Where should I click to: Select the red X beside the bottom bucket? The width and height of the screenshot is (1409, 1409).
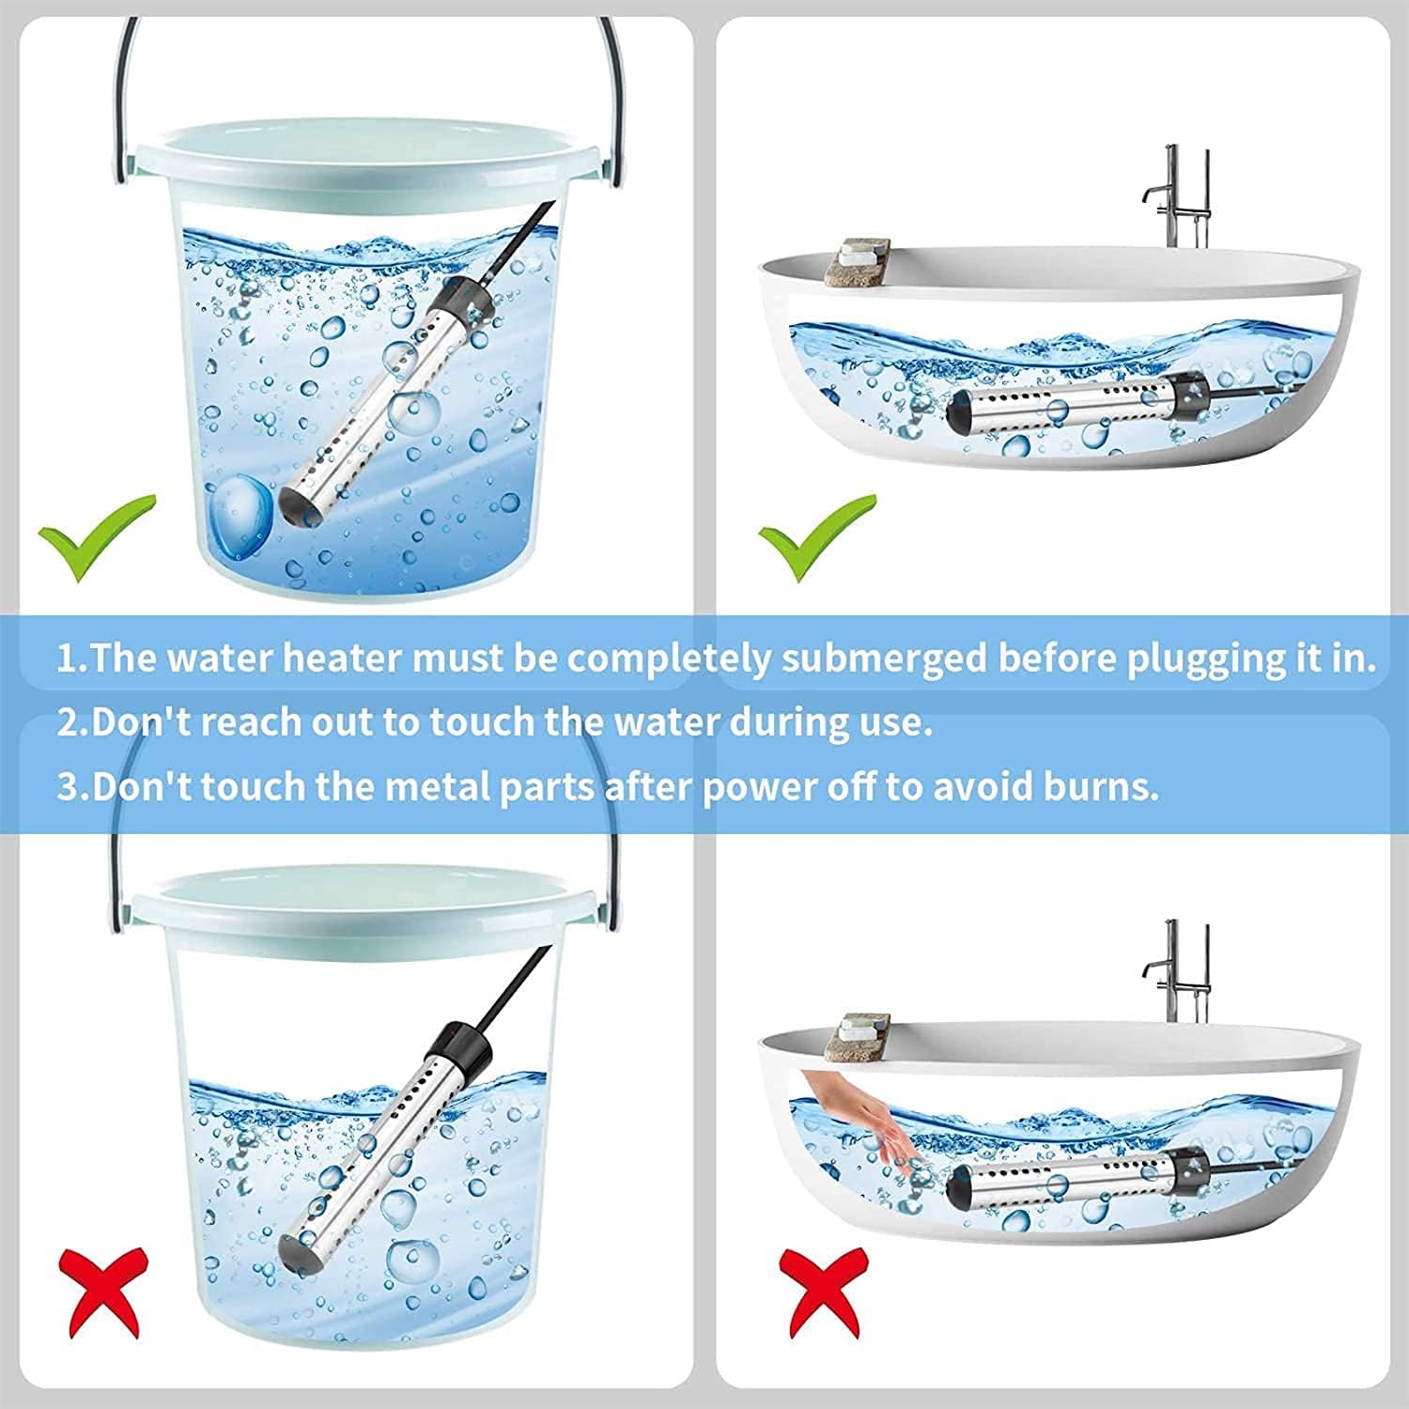click(x=103, y=1283)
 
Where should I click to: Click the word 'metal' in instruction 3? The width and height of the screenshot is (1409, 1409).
click(x=438, y=785)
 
